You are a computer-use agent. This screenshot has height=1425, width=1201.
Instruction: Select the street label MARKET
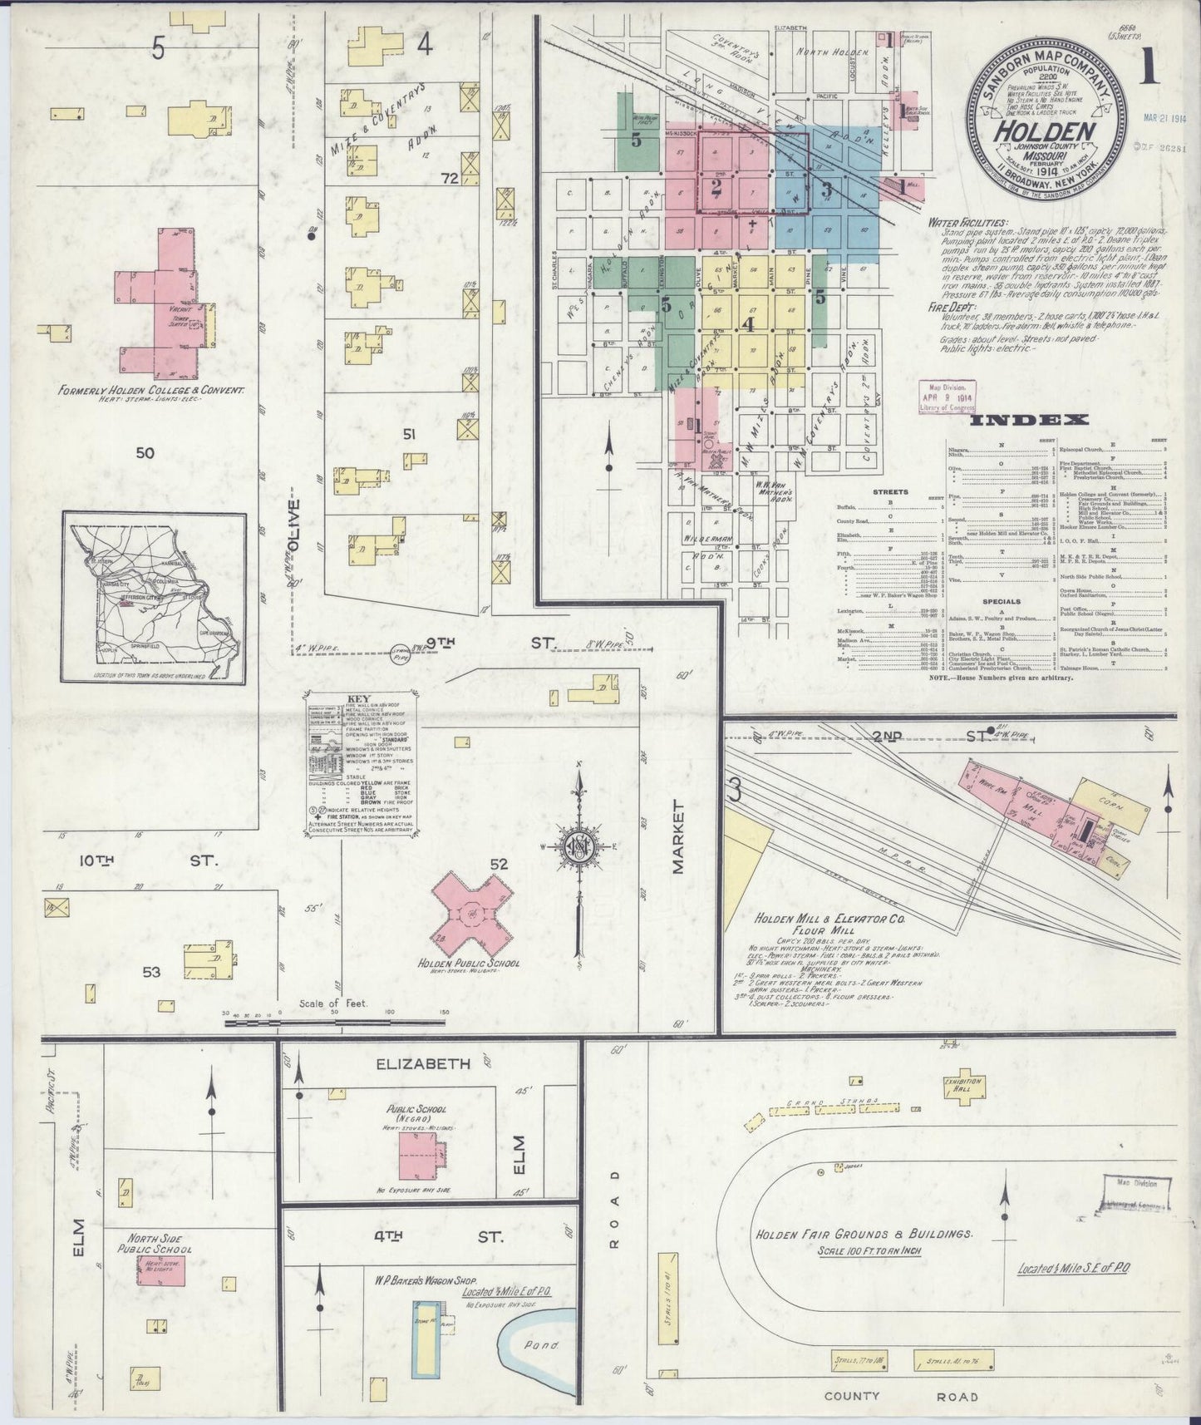[x=677, y=837]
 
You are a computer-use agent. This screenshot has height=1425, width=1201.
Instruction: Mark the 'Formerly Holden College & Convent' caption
[x=150, y=389]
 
